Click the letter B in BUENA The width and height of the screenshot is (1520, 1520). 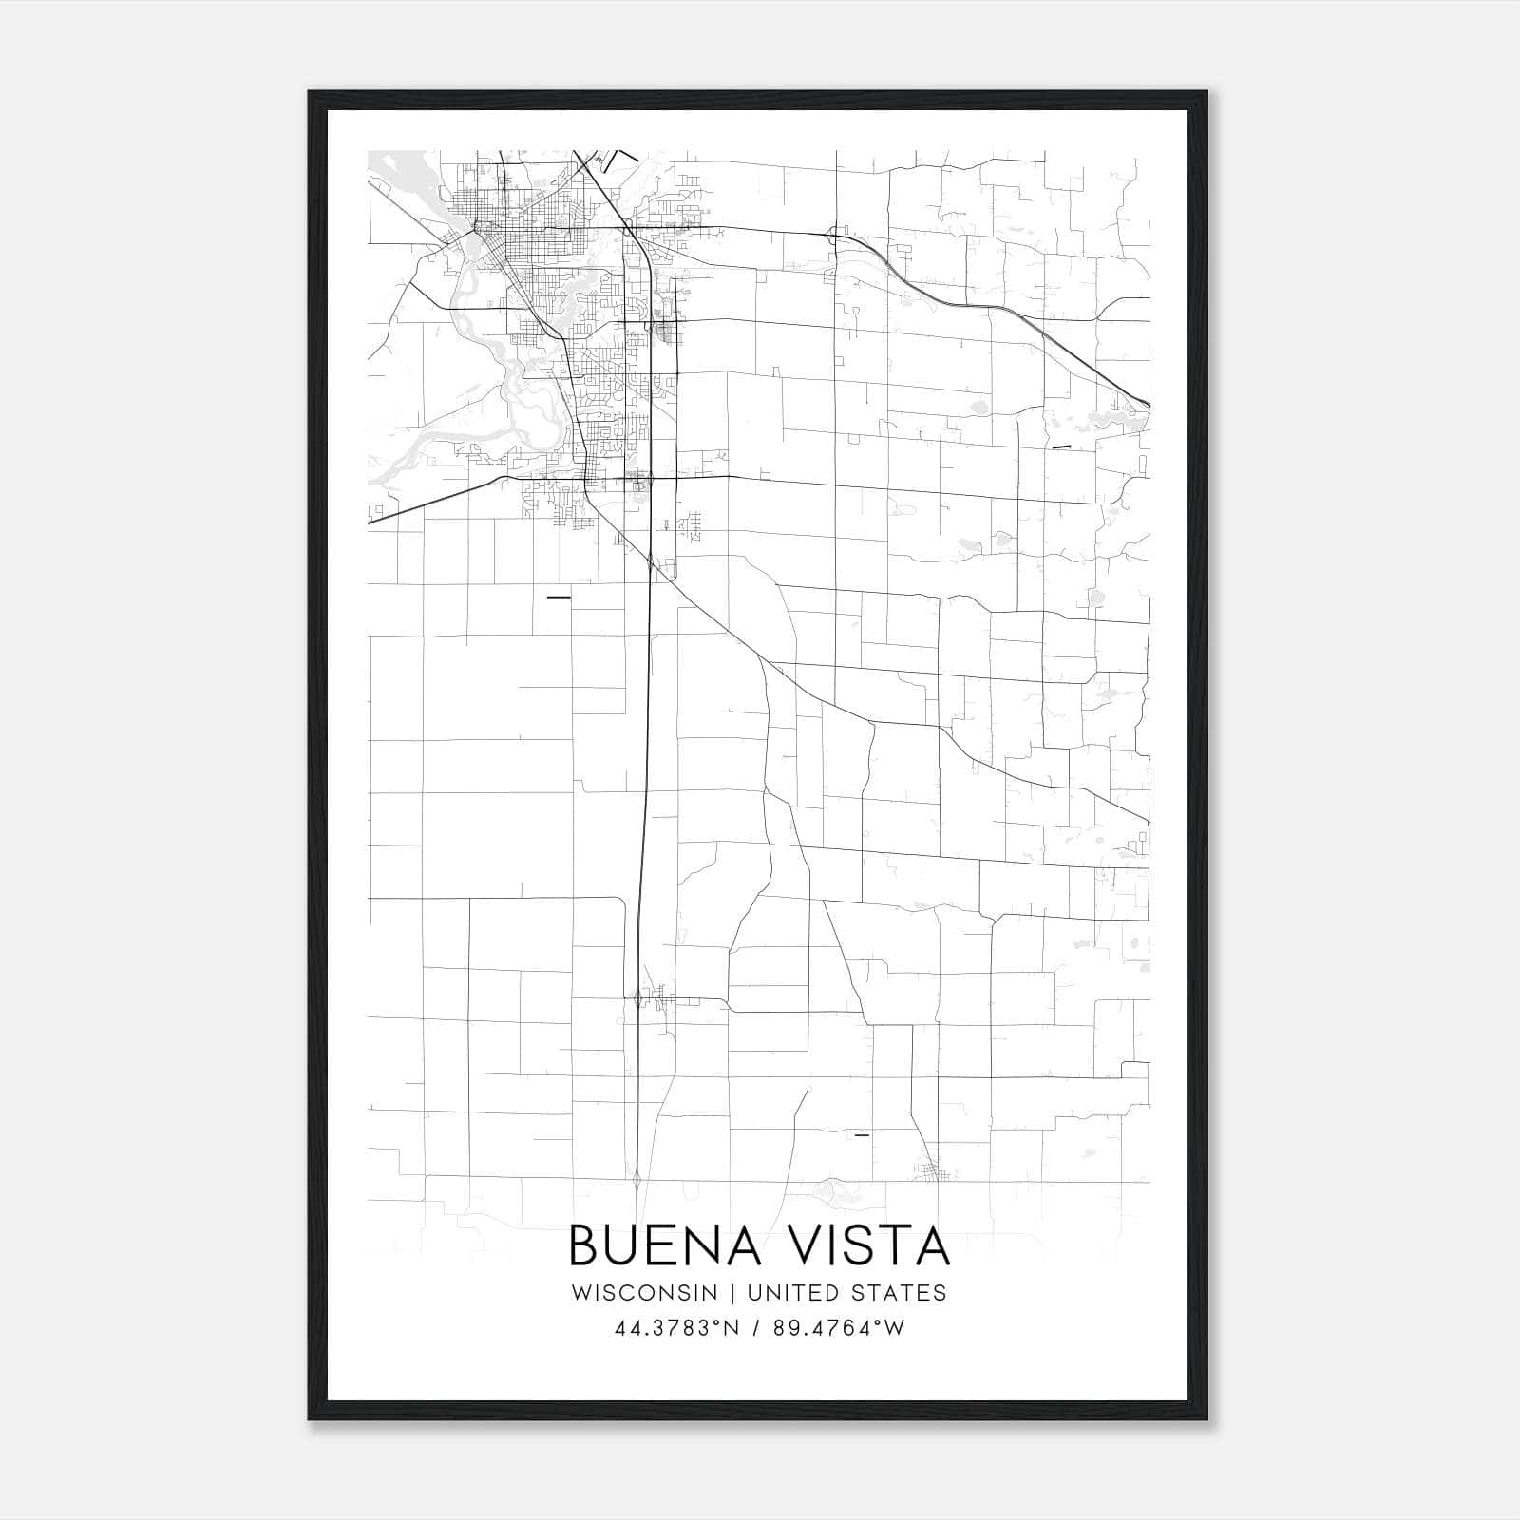[x=582, y=1245]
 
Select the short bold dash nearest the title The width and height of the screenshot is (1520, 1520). [x=862, y=1134]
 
